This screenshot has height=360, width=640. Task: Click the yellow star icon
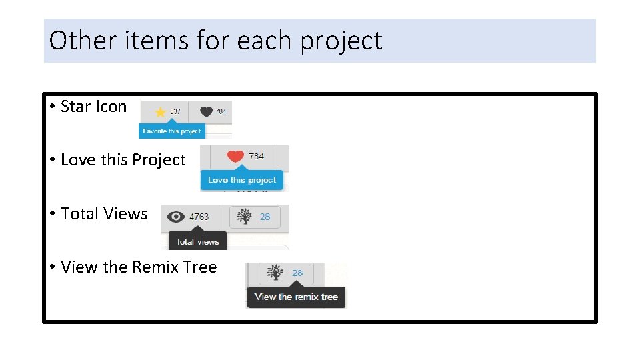tap(160, 112)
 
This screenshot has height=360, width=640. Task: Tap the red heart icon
tap(235, 157)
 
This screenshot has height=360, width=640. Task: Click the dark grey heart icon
tap(205, 111)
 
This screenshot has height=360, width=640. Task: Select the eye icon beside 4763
tap(175, 216)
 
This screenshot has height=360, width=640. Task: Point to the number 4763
tap(199, 217)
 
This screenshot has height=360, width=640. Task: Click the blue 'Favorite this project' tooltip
tap(171, 131)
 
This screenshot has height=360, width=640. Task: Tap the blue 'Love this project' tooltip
tap(242, 180)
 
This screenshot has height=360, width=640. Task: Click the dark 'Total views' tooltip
tap(197, 241)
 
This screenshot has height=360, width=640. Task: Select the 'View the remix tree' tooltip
tap(296, 297)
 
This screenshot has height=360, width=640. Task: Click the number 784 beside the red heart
tap(256, 156)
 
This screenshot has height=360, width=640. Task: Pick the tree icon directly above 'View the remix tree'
tap(275, 273)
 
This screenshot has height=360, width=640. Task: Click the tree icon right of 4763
tap(245, 217)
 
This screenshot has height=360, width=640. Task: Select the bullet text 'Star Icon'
tap(93, 107)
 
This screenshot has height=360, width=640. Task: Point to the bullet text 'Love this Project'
tap(123, 160)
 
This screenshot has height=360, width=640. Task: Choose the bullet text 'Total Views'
tap(104, 213)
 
